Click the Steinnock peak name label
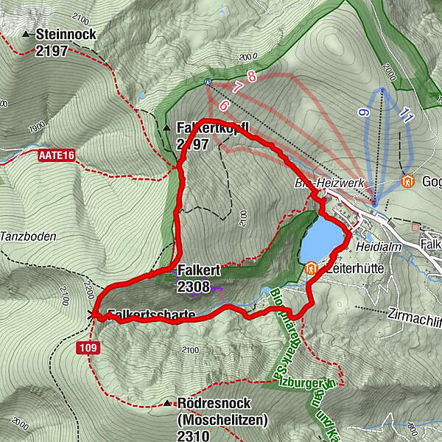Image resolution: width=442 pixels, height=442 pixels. click(x=66, y=35)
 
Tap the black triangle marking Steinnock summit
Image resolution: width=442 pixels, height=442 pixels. click(x=27, y=35)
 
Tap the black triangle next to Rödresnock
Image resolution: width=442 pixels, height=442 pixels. click(x=169, y=404)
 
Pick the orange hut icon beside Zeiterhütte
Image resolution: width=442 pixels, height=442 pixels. click(x=310, y=270)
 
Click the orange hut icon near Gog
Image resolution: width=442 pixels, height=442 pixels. click(x=407, y=180)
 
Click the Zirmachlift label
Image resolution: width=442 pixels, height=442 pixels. click(x=413, y=313)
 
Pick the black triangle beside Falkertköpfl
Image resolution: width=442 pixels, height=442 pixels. click(x=166, y=127)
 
